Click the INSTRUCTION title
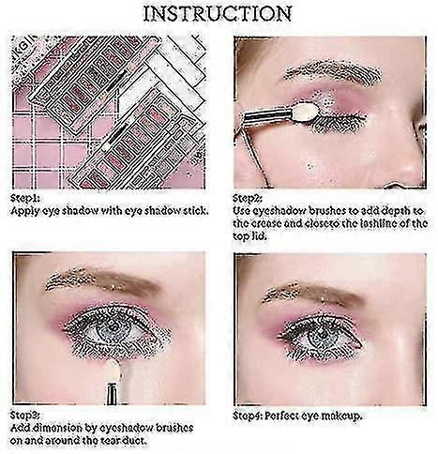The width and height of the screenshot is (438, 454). (x=218, y=14)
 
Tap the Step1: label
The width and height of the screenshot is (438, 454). (x=25, y=198)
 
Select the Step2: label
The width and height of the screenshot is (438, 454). (x=248, y=198)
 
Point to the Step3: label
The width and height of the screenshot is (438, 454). (x=25, y=416)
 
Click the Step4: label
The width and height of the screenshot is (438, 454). (x=248, y=416)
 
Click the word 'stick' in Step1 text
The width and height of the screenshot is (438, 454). (x=194, y=211)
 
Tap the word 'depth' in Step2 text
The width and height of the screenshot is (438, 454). (x=392, y=211)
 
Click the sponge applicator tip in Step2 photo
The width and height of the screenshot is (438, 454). (x=306, y=113)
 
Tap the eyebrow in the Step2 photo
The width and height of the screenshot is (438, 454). (x=333, y=73)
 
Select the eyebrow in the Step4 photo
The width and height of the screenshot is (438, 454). (x=312, y=294)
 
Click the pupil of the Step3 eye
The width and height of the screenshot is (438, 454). (x=112, y=330)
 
